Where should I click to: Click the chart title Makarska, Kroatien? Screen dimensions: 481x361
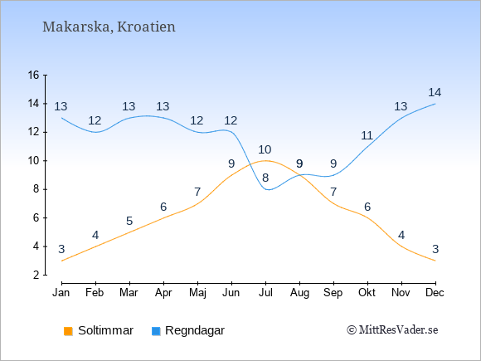[x=109, y=27]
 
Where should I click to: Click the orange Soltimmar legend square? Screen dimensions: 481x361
[x=68, y=331]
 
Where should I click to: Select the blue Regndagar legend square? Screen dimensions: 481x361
[x=156, y=331]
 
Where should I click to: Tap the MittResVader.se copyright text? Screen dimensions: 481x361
[x=392, y=330]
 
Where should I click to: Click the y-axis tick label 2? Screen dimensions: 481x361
[x=36, y=275]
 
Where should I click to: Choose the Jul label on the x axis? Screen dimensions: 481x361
[x=265, y=293]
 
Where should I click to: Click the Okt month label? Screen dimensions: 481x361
[x=367, y=293]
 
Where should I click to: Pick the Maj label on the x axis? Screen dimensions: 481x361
[x=197, y=293]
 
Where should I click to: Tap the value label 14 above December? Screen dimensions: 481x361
[x=435, y=92]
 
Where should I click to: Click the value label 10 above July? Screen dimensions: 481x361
[x=265, y=150]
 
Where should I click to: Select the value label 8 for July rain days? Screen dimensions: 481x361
[x=265, y=178]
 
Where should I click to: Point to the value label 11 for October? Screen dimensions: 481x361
[x=367, y=135]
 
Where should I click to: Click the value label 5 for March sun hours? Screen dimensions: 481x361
[x=129, y=221]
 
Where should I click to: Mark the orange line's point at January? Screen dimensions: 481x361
[x=62, y=261]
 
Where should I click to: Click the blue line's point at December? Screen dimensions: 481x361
[x=435, y=104]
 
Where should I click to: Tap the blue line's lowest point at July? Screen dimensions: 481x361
[x=268, y=190]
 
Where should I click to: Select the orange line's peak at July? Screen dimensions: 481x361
[x=265, y=160]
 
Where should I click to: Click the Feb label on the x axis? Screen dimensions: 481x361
[x=95, y=293]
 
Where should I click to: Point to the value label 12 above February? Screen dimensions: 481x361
[x=95, y=120]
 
